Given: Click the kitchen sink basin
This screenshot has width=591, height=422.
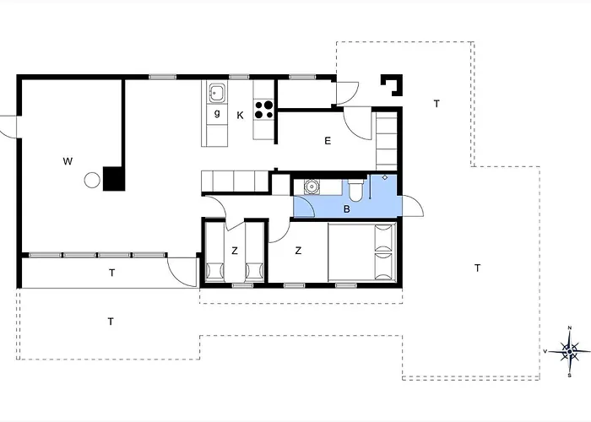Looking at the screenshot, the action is (x=218, y=92).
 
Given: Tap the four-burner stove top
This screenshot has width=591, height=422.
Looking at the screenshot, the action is (x=263, y=109).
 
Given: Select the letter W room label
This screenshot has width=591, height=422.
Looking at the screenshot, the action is (x=68, y=161).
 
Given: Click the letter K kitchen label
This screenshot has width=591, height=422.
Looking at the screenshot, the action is (x=240, y=116).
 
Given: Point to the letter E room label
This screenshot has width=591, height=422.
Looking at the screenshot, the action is (x=328, y=141).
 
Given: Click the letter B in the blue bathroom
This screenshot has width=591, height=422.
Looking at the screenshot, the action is (x=347, y=208).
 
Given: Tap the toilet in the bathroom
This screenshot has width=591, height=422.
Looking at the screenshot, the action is (x=355, y=190).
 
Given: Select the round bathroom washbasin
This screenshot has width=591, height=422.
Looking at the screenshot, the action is (x=312, y=187).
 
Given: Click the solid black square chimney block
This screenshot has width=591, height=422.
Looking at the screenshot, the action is (x=114, y=179).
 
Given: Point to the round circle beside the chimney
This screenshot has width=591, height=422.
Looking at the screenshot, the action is (x=92, y=180).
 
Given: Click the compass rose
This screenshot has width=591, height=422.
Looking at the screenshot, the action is (x=569, y=351).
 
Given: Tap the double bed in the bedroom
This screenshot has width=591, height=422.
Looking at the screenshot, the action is (x=362, y=252).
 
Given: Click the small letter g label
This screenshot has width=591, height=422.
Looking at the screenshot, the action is (x=217, y=112).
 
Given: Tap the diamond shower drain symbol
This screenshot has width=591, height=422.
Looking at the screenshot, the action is (x=385, y=177).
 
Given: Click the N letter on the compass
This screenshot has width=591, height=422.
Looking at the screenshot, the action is (x=570, y=328).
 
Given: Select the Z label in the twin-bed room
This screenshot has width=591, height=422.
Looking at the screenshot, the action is (x=235, y=251).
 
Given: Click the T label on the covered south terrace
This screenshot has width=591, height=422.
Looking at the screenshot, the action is (x=112, y=273).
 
